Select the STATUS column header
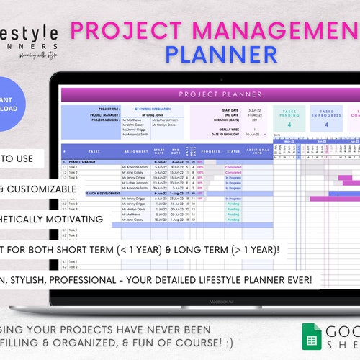(234, 152)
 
